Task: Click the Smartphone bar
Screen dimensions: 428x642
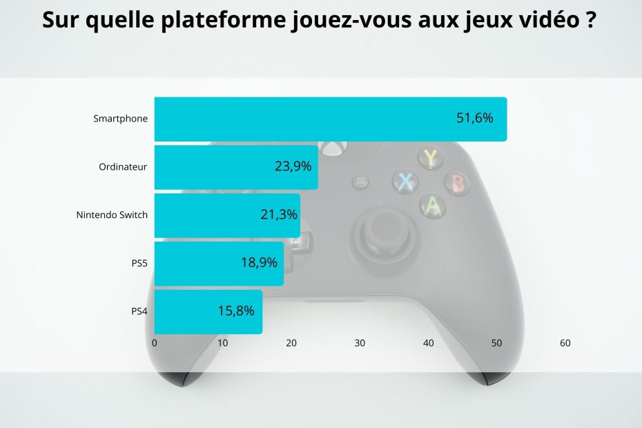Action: click(330, 119)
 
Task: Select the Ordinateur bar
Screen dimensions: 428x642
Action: click(235, 167)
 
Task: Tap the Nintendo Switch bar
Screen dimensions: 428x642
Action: click(226, 215)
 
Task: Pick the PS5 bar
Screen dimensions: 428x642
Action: click(218, 263)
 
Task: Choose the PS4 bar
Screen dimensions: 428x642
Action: click(208, 311)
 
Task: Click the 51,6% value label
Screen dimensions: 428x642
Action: click(475, 118)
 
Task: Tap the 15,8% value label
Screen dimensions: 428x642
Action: click(236, 311)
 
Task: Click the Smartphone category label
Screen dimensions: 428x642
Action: click(121, 119)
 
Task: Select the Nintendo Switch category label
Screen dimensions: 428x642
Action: click(112, 215)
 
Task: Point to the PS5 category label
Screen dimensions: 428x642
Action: click(139, 263)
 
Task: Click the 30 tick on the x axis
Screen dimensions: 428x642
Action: click(360, 343)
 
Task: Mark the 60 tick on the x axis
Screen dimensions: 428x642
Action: click(565, 343)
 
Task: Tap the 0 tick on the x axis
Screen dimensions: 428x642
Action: click(155, 343)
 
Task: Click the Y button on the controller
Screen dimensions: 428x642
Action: click(431, 158)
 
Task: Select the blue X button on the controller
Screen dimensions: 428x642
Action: click(405, 182)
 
